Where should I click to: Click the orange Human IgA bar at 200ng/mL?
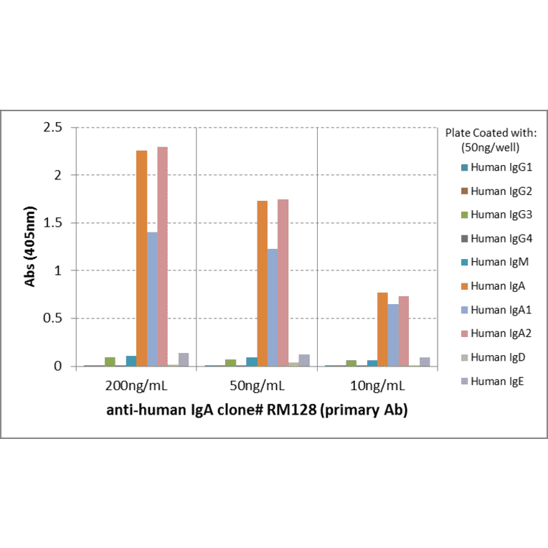141,258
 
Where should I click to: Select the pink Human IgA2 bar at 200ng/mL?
162,257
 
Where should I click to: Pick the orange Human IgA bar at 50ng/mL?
262,283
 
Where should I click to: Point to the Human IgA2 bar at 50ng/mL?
283,283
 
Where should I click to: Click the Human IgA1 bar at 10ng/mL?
393,335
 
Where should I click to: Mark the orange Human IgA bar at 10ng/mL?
382,329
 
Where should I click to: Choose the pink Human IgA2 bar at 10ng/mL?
404,331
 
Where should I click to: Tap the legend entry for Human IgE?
496,381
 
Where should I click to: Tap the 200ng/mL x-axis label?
136,386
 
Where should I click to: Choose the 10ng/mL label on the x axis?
377,386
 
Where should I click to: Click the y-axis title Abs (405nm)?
30,247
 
